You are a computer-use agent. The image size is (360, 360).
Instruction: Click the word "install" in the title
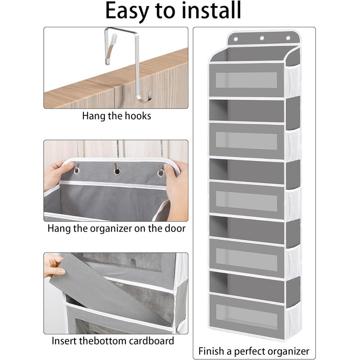211,10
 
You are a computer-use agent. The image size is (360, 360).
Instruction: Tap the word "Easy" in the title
127,12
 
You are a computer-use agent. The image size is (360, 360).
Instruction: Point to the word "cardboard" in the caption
151,340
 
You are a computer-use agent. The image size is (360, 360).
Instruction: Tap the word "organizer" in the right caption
289,351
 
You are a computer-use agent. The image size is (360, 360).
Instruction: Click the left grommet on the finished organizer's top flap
236,39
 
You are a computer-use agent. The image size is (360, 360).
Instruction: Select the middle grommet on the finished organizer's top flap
262,38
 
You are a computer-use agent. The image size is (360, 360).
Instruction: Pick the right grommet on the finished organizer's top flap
288,38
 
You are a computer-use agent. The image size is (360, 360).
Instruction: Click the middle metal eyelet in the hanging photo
117,171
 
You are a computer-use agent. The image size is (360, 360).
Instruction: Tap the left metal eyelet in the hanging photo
77,171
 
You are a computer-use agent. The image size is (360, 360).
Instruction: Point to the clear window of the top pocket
246,80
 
